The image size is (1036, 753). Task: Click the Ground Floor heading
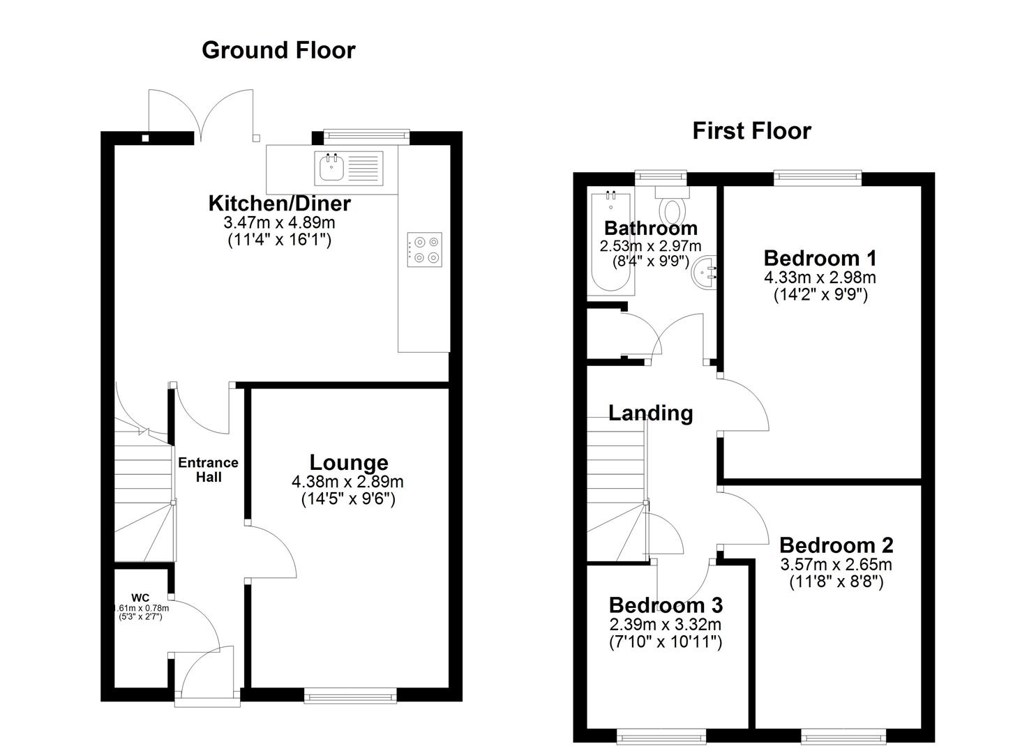pyautogui.click(x=278, y=50)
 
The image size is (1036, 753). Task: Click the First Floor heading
pyautogui.click(x=751, y=131)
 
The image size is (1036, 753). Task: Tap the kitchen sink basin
pyautogui.click(x=331, y=167)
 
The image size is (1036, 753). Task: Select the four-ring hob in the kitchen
pyautogui.click(x=425, y=250)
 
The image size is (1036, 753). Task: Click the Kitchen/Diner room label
pyautogui.click(x=279, y=204)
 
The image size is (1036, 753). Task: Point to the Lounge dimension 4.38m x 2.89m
pyautogui.click(x=347, y=482)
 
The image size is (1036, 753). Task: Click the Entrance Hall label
pyautogui.click(x=208, y=470)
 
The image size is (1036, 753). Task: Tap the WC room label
pyautogui.click(x=140, y=598)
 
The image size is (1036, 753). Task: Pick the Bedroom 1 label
pyautogui.click(x=820, y=258)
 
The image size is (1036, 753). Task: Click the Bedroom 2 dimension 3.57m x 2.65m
pyautogui.click(x=836, y=565)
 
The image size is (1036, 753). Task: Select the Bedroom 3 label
pyautogui.click(x=665, y=604)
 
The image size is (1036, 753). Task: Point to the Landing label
pyautogui.click(x=650, y=413)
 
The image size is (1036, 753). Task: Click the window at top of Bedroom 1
pyautogui.click(x=818, y=178)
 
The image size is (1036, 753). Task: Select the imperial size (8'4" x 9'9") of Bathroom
pyautogui.click(x=650, y=262)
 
